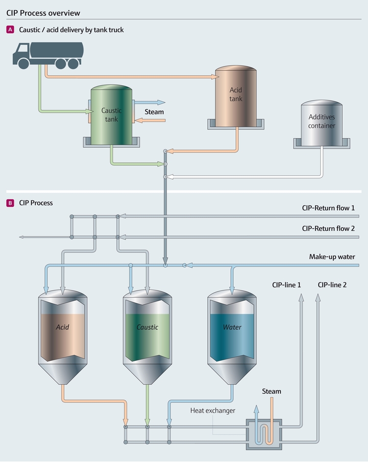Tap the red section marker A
10,30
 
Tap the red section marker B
10,203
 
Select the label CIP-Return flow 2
328,229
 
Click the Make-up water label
332,257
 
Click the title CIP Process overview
43,12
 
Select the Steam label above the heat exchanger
272,392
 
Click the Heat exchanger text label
213,410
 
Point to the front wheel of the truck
23,63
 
